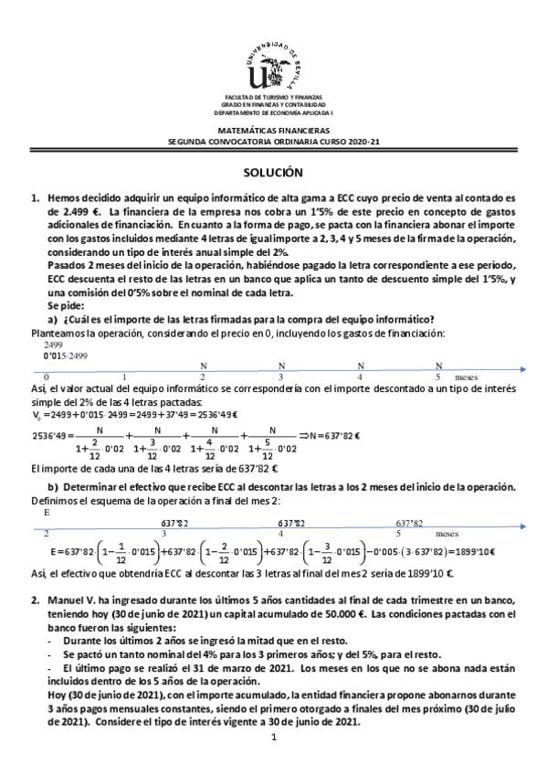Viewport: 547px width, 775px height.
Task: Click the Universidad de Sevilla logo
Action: click(x=274, y=61)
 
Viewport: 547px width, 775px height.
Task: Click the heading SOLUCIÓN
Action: click(x=273, y=172)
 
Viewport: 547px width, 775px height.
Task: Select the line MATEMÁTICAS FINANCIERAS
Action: click(x=273, y=132)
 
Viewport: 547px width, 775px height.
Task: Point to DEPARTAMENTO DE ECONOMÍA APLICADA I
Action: click(x=273, y=112)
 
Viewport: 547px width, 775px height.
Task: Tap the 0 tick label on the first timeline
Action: click(x=47, y=377)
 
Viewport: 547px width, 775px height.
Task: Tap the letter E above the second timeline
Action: click(x=46, y=513)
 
